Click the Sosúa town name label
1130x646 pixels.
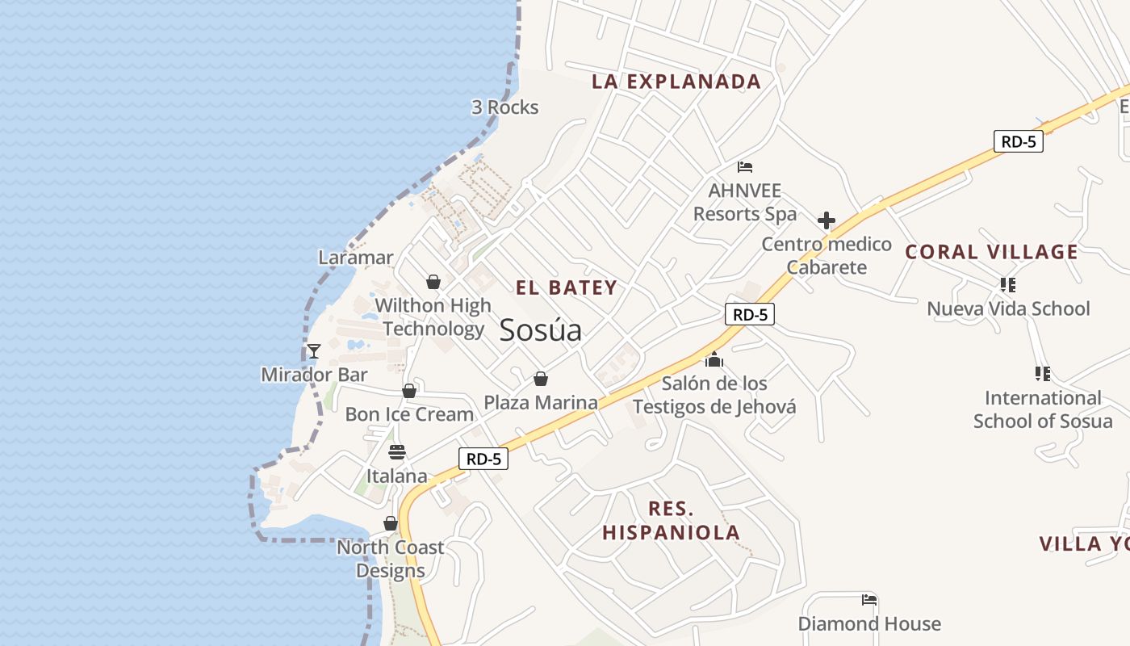click(540, 330)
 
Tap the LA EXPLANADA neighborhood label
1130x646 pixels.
click(676, 82)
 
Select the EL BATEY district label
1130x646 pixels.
click(567, 287)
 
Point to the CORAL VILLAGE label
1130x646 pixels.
click(991, 252)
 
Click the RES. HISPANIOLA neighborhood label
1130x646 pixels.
click(671, 521)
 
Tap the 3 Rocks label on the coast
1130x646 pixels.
click(504, 107)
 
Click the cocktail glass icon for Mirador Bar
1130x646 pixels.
click(314, 351)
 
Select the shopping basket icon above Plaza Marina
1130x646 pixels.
click(541, 379)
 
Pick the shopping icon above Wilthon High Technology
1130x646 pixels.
click(433, 282)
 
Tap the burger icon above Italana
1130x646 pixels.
click(396, 451)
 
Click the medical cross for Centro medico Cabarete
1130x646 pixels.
click(827, 220)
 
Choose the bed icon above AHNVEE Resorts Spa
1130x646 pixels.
click(745, 167)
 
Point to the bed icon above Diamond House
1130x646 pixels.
click(869, 600)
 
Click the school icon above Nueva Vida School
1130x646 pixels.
click(1007, 285)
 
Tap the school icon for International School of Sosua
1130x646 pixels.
click(1042, 374)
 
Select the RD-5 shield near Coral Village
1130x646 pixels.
click(1019, 142)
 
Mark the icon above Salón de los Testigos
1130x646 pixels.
click(714, 359)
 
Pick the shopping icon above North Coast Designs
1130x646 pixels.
click(391, 524)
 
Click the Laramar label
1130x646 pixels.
click(356, 258)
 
